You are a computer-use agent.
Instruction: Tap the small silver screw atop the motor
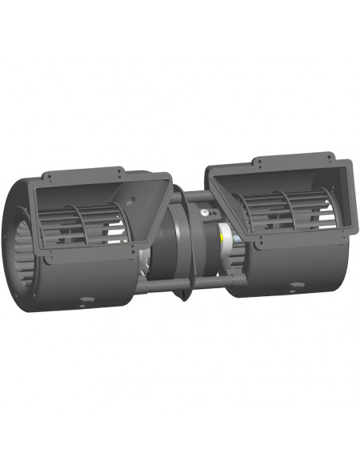point(205,213)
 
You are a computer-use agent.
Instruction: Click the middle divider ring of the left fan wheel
point(84,223)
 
